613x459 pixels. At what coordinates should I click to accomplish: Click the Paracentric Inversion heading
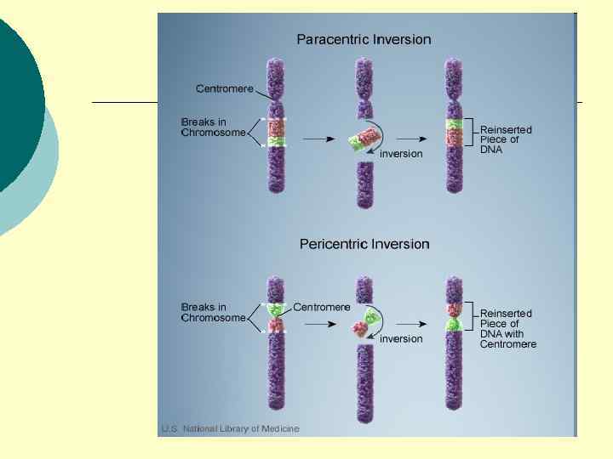click(x=364, y=39)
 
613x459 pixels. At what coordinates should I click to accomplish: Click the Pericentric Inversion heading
click(x=364, y=244)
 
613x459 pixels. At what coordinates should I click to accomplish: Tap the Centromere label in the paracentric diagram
click(x=225, y=88)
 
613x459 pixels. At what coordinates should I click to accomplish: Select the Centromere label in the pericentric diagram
click(x=322, y=307)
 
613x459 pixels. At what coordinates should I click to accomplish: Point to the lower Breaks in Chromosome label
click(x=213, y=312)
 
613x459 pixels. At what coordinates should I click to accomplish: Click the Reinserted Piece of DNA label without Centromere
click(x=506, y=139)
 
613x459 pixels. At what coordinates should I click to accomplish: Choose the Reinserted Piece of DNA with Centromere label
click(x=508, y=329)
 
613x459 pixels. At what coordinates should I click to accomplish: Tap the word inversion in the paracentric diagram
click(x=401, y=154)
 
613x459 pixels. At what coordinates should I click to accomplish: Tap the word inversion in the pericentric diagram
click(x=401, y=339)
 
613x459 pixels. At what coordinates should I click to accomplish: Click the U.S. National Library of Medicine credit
click(x=231, y=429)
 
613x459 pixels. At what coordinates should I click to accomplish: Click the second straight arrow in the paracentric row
click(x=411, y=138)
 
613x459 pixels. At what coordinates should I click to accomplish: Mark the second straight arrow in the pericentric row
click(x=411, y=324)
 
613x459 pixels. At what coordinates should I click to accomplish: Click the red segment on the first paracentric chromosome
click(x=276, y=127)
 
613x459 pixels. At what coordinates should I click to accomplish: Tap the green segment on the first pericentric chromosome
click(x=276, y=310)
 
